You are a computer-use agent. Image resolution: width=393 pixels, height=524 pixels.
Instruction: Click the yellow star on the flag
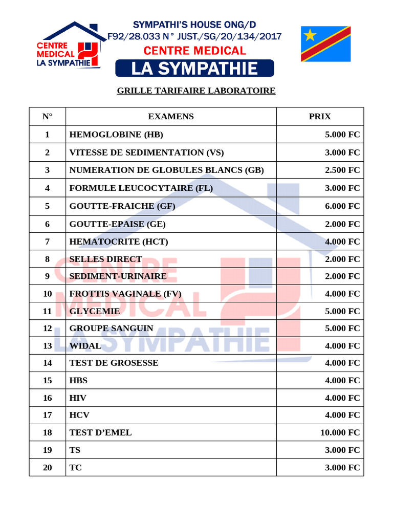point(310,35)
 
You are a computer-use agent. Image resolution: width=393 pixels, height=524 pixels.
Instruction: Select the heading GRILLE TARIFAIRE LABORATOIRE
point(196,91)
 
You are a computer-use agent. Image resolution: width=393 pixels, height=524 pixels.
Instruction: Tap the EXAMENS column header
point(171,116)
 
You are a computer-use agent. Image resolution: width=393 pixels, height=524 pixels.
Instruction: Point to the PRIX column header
point(320,116)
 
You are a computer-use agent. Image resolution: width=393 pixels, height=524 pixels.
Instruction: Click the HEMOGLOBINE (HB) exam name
point(116,135)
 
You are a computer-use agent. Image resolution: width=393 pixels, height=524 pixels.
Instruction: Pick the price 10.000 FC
point(340,432)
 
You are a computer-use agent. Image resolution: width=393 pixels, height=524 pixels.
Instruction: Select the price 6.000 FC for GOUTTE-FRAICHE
point(342,206)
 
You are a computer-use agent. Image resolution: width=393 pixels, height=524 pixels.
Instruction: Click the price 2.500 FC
point(342,170)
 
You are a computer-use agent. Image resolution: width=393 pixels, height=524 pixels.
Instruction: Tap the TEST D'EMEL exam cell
point(100,432)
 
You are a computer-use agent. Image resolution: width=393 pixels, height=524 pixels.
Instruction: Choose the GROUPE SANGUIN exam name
point(111,328)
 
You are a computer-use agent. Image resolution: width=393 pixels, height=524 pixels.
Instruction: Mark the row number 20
point(48,467)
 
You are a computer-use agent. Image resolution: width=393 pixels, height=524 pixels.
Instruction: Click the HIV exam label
point(78,398)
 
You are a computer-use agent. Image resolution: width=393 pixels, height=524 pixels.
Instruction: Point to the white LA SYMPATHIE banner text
point(194,68)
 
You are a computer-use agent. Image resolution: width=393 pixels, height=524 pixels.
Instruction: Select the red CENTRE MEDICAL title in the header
point(194,51)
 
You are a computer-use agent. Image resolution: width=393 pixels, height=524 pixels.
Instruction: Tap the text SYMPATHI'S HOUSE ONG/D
point(194,25)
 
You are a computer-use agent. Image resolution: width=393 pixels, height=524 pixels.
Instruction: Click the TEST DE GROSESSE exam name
point(114,363)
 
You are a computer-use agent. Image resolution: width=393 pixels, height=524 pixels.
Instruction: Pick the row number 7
point(48,242)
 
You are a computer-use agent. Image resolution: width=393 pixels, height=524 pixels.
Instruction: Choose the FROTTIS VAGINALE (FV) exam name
point(125,294)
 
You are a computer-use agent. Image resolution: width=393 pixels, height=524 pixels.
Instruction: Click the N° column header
point(48,116)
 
